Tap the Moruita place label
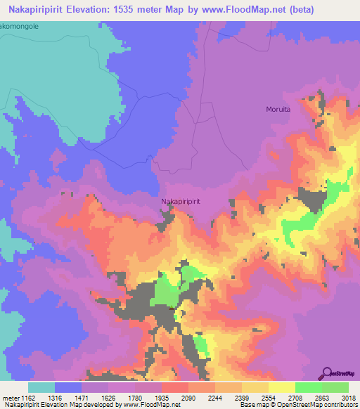click(x=278, y=109)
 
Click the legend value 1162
click(x=29, y=397)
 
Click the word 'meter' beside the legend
click(x=11, y=397)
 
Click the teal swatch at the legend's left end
click(x=41, y=387)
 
